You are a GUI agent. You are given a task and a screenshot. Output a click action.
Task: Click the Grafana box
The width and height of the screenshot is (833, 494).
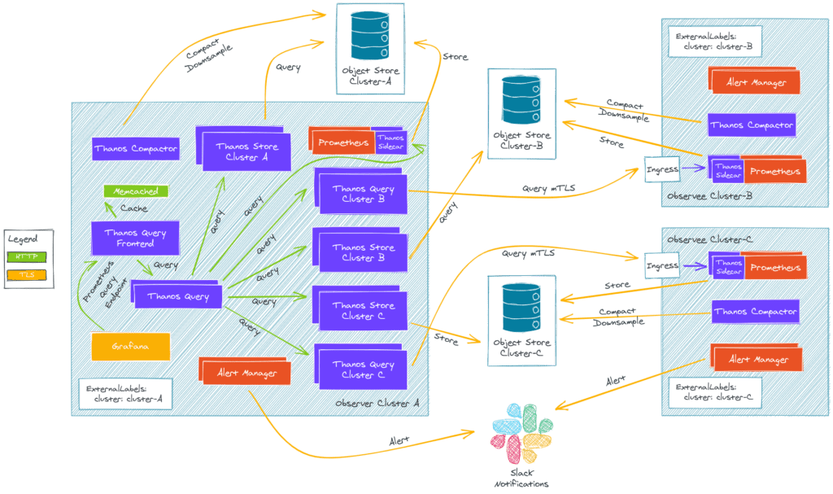click(131, 347)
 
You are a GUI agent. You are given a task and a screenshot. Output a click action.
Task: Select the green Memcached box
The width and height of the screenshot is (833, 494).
click(135, 192)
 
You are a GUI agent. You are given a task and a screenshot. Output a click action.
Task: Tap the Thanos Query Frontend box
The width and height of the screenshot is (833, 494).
click(135, 238)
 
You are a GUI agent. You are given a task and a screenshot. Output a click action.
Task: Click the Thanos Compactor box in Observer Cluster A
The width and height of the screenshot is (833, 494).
click(135, 149)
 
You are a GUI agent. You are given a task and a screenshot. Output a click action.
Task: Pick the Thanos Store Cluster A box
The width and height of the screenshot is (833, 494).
click(246, 152)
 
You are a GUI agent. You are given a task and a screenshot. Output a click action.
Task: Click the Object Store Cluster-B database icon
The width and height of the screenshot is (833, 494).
click(521, 98)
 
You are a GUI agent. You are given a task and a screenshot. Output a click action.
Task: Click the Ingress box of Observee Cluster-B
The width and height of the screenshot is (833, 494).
click(662, 169)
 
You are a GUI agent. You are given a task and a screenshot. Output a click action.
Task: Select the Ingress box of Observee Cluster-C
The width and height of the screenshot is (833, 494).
click(662, 265)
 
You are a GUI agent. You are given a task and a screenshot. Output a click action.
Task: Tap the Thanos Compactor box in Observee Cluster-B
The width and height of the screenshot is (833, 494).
click(751, 125)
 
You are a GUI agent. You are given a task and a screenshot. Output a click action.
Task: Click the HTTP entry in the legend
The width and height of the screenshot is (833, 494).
click(28, 257)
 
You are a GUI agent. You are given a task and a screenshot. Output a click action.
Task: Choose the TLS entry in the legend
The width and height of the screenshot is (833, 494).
click(28, 275)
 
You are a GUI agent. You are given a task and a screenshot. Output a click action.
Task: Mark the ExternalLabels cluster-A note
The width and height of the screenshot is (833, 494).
click(124, 393)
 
